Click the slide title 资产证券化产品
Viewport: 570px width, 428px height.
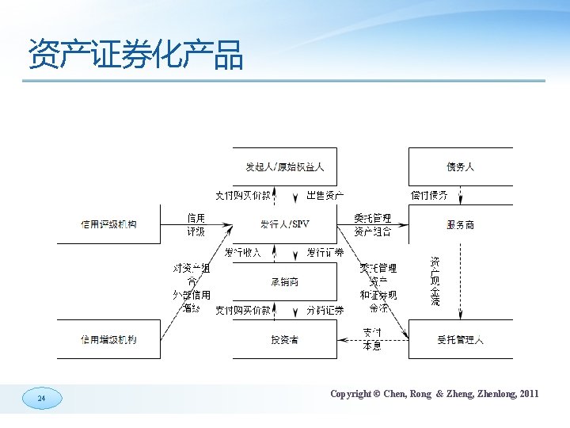click(135, 54)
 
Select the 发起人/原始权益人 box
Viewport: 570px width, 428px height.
click(284, 167)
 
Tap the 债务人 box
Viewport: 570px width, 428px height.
click(460, 167)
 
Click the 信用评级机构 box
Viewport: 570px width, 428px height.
click(108, 224)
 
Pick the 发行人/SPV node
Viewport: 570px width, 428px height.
click(284, 224)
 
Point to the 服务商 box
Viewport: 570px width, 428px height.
click(460, 224)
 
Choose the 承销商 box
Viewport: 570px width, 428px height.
click(284, 282)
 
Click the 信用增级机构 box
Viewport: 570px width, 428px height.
click(108, 339)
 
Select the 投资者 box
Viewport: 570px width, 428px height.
click(284, 339)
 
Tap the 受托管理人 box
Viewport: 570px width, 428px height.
click(460, 339)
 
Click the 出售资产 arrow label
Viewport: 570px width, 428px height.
click(325, 195)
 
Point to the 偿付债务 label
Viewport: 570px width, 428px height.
click(429, 195)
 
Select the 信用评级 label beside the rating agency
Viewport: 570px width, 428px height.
click(196, 224)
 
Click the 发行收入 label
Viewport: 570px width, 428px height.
click(243, 253)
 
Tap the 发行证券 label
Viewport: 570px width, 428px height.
click(325, 253)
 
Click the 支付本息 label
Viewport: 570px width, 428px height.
click(372, 339)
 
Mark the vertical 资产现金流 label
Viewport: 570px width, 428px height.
click(435, 281)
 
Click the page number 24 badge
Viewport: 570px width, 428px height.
click(41, 399)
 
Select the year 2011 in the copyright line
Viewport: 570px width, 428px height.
click(529, 394)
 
